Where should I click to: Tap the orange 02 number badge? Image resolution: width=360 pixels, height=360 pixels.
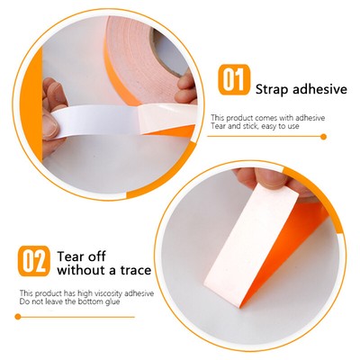tap(34, 260)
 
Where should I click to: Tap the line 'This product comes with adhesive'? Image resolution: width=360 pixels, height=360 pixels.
tap(267, 118)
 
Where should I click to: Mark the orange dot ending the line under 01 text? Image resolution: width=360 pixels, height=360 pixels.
tap(323, 136)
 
